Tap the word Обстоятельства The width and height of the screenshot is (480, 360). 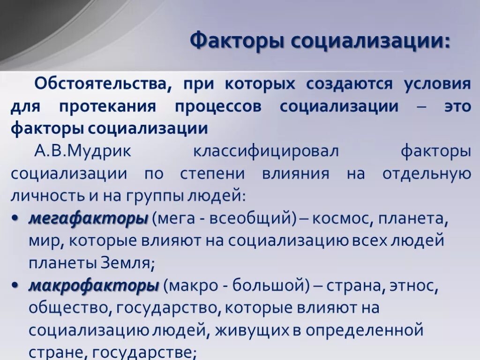[100, 84]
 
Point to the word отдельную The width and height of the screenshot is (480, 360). [426, 173]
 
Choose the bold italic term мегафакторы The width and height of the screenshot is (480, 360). [88, 218]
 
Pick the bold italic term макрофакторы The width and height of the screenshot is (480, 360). [93, 285]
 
